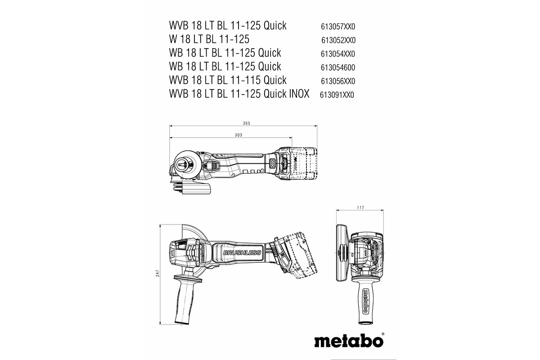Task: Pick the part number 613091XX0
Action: point(337,95)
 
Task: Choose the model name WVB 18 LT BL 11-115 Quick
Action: point(228,81)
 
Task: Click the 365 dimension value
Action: point(246,123)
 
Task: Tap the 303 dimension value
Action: point(238,135)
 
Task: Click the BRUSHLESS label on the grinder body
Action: point(242,253)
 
